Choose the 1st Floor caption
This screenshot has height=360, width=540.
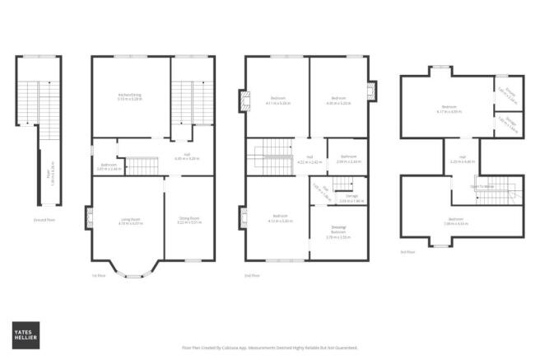point(100,275)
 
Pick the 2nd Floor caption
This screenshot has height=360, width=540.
point(254,275)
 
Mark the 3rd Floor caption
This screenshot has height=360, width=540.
point(407,252)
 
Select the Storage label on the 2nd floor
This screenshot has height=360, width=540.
point(351,198)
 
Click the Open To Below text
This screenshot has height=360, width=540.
point(482,187)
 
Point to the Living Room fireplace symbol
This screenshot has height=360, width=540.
point(88,217)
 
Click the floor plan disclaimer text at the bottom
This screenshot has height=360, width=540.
point(270,348)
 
